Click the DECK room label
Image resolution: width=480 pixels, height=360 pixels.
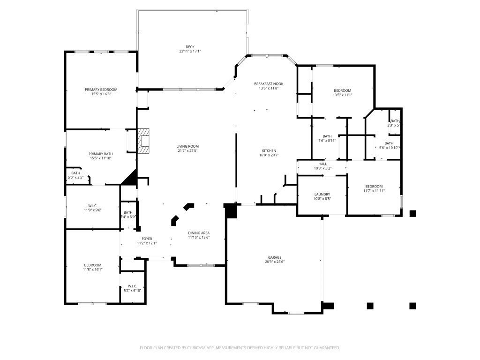tap(190, 47)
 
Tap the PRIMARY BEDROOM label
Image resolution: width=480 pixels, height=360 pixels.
tap(101, 90)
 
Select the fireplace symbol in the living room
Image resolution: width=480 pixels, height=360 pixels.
tap(144, 141)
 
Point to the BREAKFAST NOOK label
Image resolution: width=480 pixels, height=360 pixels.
tap(269, 84)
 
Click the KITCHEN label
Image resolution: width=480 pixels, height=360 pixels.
tap(269, 150)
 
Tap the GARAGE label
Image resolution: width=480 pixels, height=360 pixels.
tap(275, 257)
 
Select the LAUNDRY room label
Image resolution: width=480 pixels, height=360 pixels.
tap(322, 194)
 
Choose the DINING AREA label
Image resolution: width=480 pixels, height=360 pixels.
tap(199, 233)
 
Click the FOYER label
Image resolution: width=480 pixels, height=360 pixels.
tap(147, 239)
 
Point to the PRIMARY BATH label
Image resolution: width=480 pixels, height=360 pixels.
tap(101, 154)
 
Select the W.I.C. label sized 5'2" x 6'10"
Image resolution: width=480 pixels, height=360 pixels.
tap(132, 286)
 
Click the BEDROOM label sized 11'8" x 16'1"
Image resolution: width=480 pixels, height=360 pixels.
tap(92, 265)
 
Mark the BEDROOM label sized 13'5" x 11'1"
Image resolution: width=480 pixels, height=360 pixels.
tap(342, 90)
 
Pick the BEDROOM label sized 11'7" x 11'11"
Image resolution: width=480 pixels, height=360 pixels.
tap(374, 186)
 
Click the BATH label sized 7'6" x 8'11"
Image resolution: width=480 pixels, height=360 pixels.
tap(327, 136)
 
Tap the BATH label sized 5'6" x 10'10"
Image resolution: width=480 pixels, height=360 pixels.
tap(389, 143)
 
